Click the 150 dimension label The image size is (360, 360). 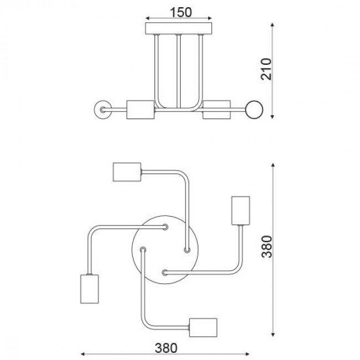point(178,12)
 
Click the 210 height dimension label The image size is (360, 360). point(268,69)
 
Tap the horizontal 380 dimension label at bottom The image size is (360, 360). point(166,348)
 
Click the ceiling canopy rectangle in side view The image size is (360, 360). point(178,29)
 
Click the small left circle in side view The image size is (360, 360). point(102,109)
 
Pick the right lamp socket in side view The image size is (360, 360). point(217,109)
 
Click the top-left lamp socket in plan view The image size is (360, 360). point(126,172)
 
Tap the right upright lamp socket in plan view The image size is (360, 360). point(241,210)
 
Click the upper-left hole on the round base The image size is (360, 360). point(165,227)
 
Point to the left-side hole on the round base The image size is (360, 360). point(143,249)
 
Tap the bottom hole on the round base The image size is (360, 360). point(165,271)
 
